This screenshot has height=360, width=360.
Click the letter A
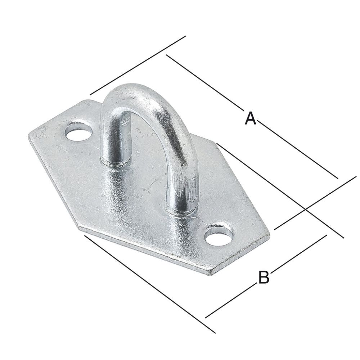pyautogui.click(x=250, y=118)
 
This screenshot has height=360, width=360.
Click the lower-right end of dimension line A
pyautogui.click(x=338, y=178)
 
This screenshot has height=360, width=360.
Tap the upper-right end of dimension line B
pyautogui.click(x=326, y=235)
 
